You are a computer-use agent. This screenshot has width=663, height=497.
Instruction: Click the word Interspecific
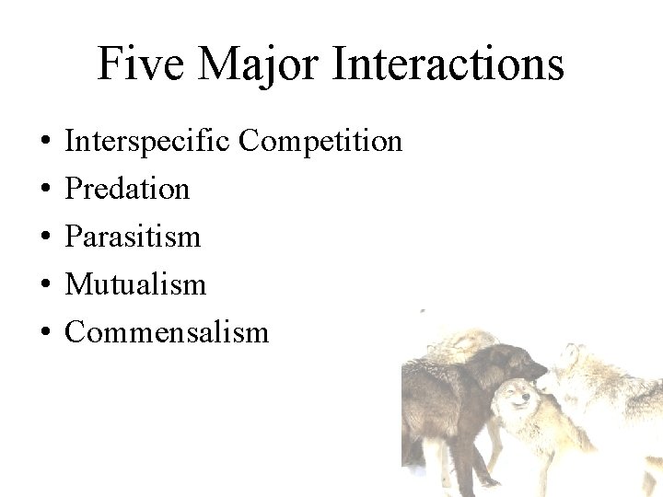click(148, 141)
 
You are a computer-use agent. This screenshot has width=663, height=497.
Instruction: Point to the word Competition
click(321, 141)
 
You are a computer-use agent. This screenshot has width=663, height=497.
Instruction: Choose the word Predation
click(127, 189)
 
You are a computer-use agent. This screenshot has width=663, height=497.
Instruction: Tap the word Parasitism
click(133, 237)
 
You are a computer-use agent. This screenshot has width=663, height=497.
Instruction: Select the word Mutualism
click(135, 284)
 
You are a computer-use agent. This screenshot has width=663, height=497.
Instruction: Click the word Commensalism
click(167, 331)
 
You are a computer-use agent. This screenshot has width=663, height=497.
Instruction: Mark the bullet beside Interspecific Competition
click(44, 143)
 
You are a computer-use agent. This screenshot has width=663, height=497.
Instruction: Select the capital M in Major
click(217, 64)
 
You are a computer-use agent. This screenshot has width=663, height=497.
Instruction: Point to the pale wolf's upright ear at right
click(575, 353)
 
